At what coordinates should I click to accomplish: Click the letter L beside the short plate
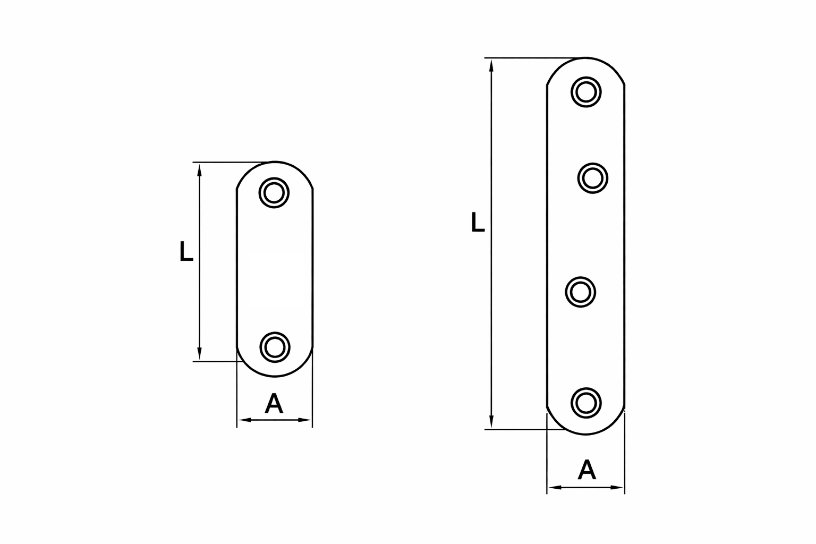(186, 251)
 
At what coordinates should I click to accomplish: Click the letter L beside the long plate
(478, 222)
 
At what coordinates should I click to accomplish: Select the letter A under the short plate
(274, 404)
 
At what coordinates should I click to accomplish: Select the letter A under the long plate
(586, 470)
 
